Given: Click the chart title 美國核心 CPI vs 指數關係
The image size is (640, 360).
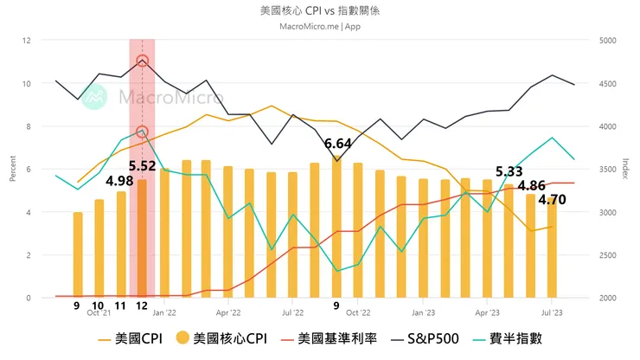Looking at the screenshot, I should click(x=319, y=11).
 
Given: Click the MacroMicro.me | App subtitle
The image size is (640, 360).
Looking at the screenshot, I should click(x=319, y=26).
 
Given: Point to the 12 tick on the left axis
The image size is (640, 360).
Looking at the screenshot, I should click(x=26, y=41).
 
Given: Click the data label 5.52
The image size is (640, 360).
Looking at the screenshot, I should click(x=142, y=165).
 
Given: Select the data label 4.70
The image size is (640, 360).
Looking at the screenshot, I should click(x=552, y=199).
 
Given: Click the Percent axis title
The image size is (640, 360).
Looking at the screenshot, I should click(x=11, y=169).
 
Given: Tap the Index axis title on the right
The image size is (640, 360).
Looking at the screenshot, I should click(x=624, y=169).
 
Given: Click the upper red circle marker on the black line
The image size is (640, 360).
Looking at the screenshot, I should click(x=143, y=61).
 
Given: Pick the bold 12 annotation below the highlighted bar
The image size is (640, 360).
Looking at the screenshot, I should click(x=141, y=305).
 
